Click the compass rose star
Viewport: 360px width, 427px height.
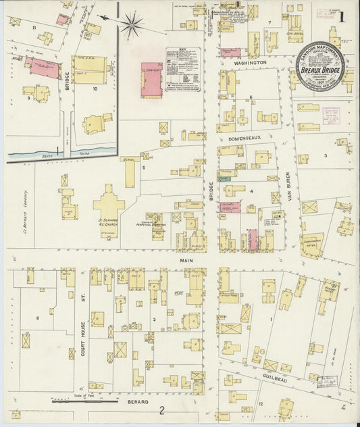[x=132, y=25]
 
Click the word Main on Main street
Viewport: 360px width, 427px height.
[x=186, y=259]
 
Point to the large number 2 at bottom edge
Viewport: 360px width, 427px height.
[x=161, y=410]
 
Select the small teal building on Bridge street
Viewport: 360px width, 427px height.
[x=224, y=178]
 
